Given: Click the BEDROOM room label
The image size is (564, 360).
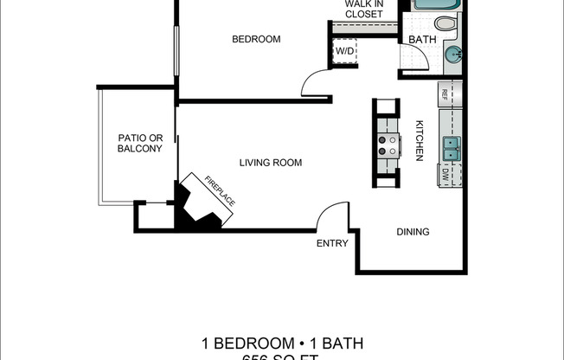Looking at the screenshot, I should pos(257,39).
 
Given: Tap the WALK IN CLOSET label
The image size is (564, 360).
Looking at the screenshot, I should pos(364,9).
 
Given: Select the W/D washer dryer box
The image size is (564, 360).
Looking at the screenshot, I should pos(344,52).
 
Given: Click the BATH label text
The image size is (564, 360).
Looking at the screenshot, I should pos(422,40).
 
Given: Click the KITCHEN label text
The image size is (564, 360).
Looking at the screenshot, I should pos(419,139).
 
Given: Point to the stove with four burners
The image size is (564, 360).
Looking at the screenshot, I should pos(388,144).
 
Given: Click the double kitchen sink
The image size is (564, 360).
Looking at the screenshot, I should pos(452,149).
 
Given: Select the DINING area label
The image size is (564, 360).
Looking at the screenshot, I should pos(413,232).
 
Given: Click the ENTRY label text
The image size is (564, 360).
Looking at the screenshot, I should pos(332,243).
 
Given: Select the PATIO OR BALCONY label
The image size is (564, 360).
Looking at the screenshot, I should pos(139,143).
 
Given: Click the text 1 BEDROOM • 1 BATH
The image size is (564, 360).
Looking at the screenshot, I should pos(281,344).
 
